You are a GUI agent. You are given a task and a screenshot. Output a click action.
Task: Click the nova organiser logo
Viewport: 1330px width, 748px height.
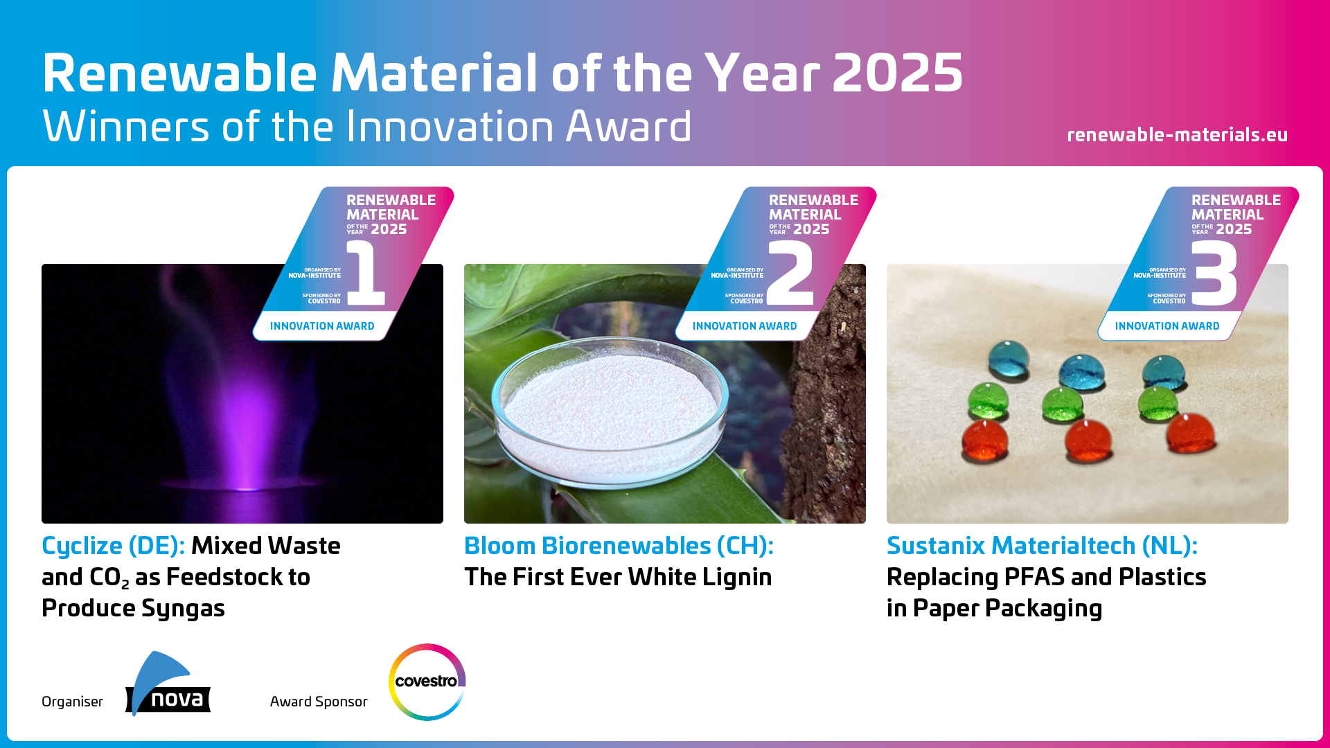(168, 684)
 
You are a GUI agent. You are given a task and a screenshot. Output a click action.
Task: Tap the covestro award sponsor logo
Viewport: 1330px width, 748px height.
(427, 682)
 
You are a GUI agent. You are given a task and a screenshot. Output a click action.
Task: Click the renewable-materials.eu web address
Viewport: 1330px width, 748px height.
(1177, 134)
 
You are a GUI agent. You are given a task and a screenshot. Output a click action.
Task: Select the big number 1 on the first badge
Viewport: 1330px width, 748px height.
(366, 273)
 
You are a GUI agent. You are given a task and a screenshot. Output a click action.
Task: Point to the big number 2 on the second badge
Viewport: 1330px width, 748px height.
(790, 273)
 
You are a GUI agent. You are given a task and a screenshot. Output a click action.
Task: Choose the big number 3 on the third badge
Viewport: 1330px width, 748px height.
(1214, 273)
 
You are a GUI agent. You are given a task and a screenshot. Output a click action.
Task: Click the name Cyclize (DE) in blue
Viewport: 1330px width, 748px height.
(113, 546)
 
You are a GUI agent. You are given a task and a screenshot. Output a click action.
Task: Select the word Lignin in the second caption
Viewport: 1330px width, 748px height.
(738, 577)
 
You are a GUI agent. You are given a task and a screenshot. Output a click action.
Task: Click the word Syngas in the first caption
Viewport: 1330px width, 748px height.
(183, 609)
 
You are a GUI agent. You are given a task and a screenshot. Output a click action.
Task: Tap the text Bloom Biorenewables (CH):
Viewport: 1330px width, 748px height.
(619, 546)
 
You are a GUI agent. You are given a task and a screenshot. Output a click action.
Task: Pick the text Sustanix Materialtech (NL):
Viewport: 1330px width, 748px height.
(1042, 546)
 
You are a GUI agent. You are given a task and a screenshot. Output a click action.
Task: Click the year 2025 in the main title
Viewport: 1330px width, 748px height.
(897, 73)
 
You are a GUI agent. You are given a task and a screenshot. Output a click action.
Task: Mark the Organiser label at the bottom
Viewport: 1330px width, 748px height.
(72, 702)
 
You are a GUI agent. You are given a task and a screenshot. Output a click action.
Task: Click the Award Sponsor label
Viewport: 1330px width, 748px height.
(319, 702)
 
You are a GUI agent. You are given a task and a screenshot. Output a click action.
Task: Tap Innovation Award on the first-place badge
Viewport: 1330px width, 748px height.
(322, 326)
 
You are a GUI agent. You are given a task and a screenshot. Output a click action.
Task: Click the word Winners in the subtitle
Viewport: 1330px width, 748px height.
(125, 127)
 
